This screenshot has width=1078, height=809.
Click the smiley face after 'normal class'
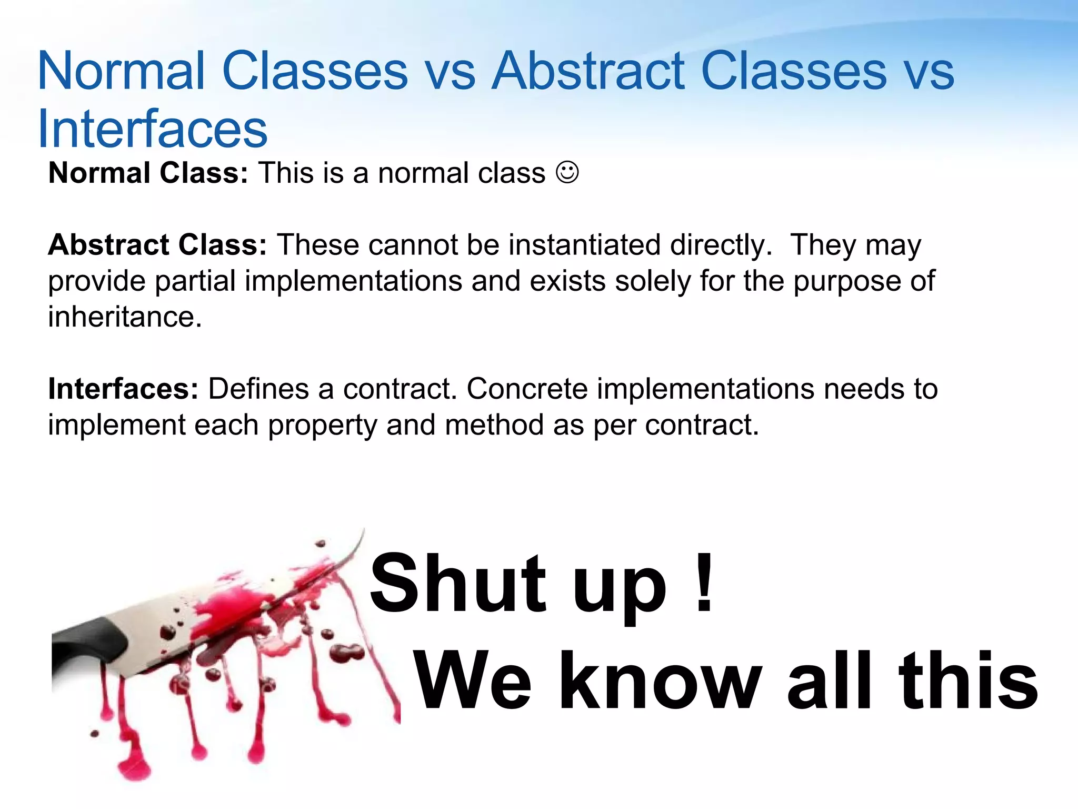[x=567, y=172]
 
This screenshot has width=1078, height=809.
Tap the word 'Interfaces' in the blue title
[x=153, y=129]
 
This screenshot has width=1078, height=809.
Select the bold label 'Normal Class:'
[x=148, y=173]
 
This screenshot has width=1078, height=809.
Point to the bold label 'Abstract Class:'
[x=157, y=245]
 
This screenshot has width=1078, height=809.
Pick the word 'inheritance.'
[x=125, y=317]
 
